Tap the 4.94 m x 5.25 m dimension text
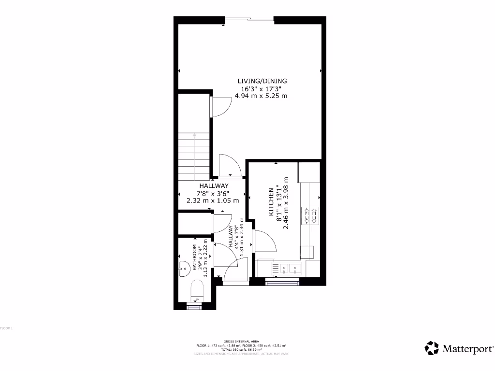pos(261,96)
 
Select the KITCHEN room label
pos(271,203)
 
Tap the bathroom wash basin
pos(184,267)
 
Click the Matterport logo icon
pos(432,348)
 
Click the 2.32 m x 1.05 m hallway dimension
pos(213,200)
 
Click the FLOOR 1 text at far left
pos(6,328)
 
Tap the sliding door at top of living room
pos(249,19)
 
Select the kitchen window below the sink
pos(283,281)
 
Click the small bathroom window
pos(193,306)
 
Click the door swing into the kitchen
pos(265,242)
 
